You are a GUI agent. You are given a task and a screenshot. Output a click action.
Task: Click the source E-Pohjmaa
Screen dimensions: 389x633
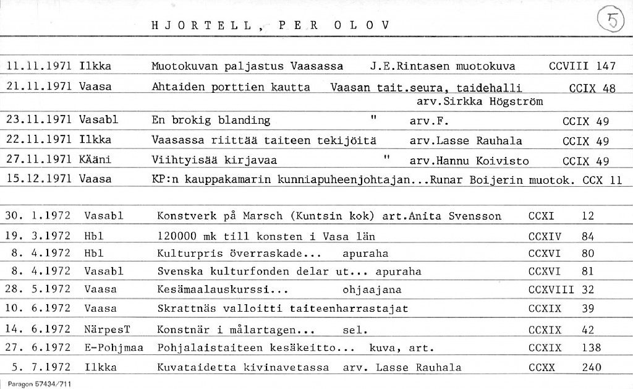114,348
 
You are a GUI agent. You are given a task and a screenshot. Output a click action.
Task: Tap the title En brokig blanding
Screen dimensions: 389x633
211,121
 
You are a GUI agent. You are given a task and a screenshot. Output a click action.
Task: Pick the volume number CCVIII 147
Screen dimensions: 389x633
582,66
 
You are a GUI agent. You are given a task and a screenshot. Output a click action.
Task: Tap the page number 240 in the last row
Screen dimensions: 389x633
591,367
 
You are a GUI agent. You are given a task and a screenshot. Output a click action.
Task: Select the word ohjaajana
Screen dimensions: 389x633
372,289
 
